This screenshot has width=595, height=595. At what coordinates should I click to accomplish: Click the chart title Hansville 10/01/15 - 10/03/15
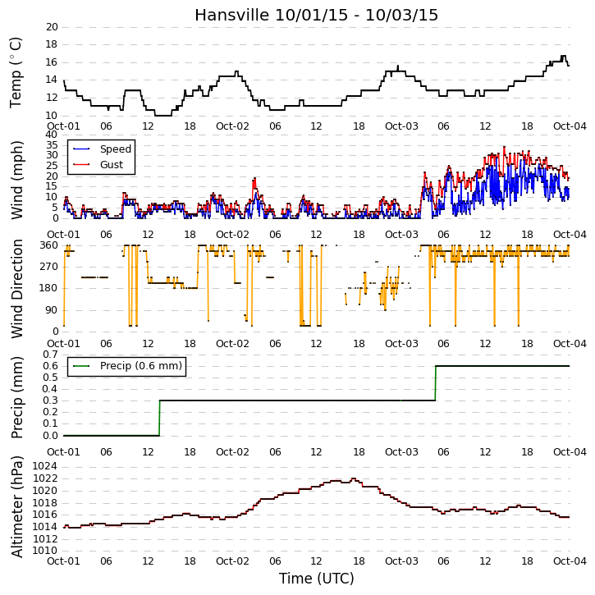click(316, 15)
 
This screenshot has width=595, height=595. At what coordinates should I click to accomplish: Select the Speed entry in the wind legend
click(116, 149)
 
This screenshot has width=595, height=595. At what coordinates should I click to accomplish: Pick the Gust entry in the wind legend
click(112, 165)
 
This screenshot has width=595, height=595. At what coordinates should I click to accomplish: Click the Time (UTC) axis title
click(317, 579)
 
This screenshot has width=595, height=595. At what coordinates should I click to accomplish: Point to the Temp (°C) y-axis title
click(16, 72)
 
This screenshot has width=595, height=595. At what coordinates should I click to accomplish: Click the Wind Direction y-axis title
click(16, 289)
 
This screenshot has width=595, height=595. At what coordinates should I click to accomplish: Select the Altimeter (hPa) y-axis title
click(16, 507)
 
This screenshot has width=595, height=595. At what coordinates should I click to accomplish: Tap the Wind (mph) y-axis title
click(16, 180)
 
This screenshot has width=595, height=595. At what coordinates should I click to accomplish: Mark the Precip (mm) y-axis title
click(16, 398)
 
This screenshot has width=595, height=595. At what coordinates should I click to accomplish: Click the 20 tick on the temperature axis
click(52, 27)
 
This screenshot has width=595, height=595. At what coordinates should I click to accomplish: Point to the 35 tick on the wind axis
click(52, 145)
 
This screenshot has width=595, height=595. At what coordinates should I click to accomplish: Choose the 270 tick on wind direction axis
click(49, 267)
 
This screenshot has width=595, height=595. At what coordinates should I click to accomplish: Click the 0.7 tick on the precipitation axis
click(50, 355)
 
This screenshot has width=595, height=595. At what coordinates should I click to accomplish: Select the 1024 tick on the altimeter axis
click(45, 466)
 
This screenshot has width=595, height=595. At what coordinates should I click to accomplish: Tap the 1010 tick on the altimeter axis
click(45, 551)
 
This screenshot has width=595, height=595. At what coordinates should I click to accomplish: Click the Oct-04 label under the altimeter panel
click(570, 561)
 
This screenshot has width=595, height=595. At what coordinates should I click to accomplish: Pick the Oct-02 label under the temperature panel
click(232, 126)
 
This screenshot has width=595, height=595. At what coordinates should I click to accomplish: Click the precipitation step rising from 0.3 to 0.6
click(435, 383)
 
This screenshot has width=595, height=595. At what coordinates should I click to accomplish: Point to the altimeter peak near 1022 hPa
click(353, 479)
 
